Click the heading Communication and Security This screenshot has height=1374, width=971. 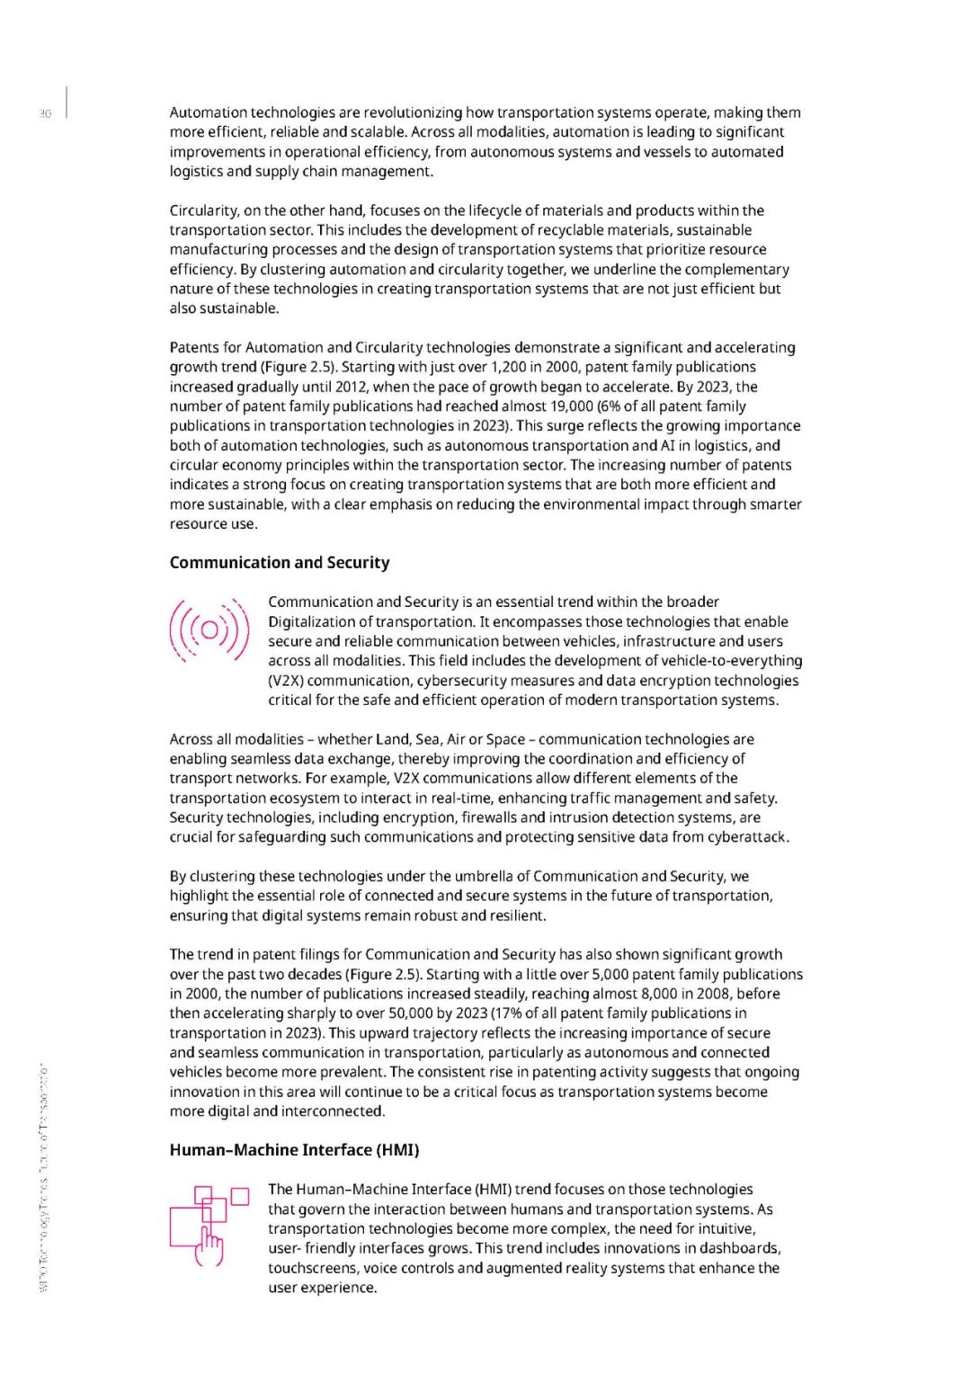(x=280, y=563)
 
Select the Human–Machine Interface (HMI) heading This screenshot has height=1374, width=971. (x=294, y=1150)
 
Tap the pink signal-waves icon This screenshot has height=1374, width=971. (x=209, y=630)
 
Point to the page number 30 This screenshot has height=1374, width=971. (x=45, y=113)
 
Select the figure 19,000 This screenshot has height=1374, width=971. (x=572, y=406)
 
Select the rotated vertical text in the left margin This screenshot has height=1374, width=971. (x=44, y=1178)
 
